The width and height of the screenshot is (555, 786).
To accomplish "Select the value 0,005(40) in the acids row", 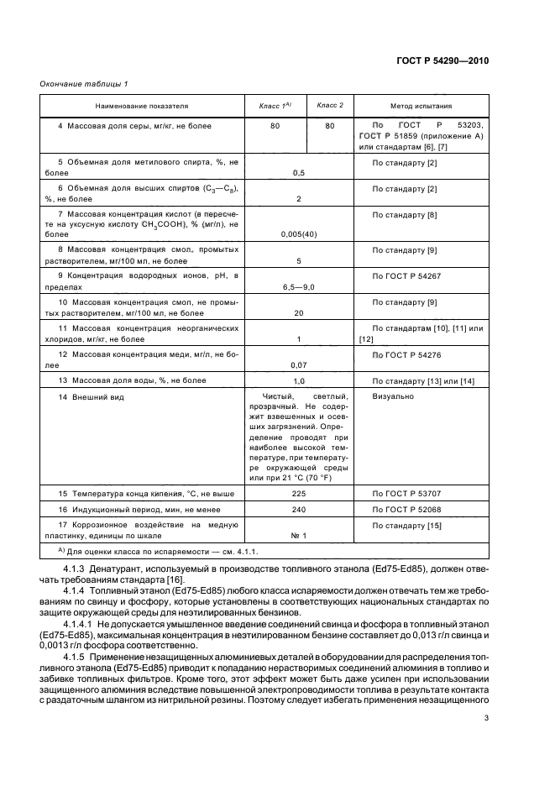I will (x=298, y=236).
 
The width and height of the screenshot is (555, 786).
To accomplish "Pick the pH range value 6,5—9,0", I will (x=298, y=287).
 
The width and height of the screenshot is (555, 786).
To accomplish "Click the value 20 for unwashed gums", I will (x=298, y=313).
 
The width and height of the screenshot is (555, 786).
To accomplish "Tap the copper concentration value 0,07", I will (x=298, y=365).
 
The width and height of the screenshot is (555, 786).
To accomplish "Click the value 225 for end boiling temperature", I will (x=298, y=493).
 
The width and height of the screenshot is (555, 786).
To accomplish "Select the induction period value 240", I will (x=298, y=509).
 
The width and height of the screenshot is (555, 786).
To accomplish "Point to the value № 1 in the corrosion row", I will (x=298, y=535).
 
